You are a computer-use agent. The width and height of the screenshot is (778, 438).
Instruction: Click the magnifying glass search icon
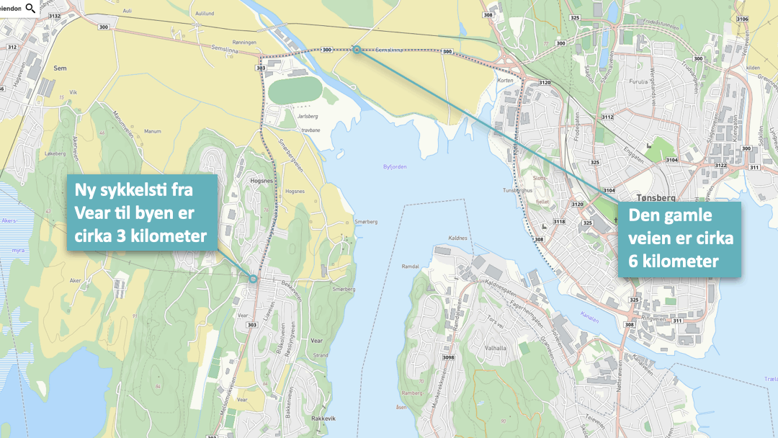point(30,8)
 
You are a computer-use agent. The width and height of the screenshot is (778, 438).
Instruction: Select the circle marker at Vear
point(253,279)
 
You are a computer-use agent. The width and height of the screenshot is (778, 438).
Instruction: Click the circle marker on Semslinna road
point(356,50)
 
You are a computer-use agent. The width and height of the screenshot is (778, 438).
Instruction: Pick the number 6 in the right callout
point(634,261)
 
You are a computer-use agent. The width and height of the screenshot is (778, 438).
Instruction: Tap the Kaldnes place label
point(457,237)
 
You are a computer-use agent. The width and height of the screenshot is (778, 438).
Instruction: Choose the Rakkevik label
point(323,418)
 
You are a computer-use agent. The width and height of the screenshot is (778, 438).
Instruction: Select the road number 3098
point(448,357)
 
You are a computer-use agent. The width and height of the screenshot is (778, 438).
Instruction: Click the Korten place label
point(505,81)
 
